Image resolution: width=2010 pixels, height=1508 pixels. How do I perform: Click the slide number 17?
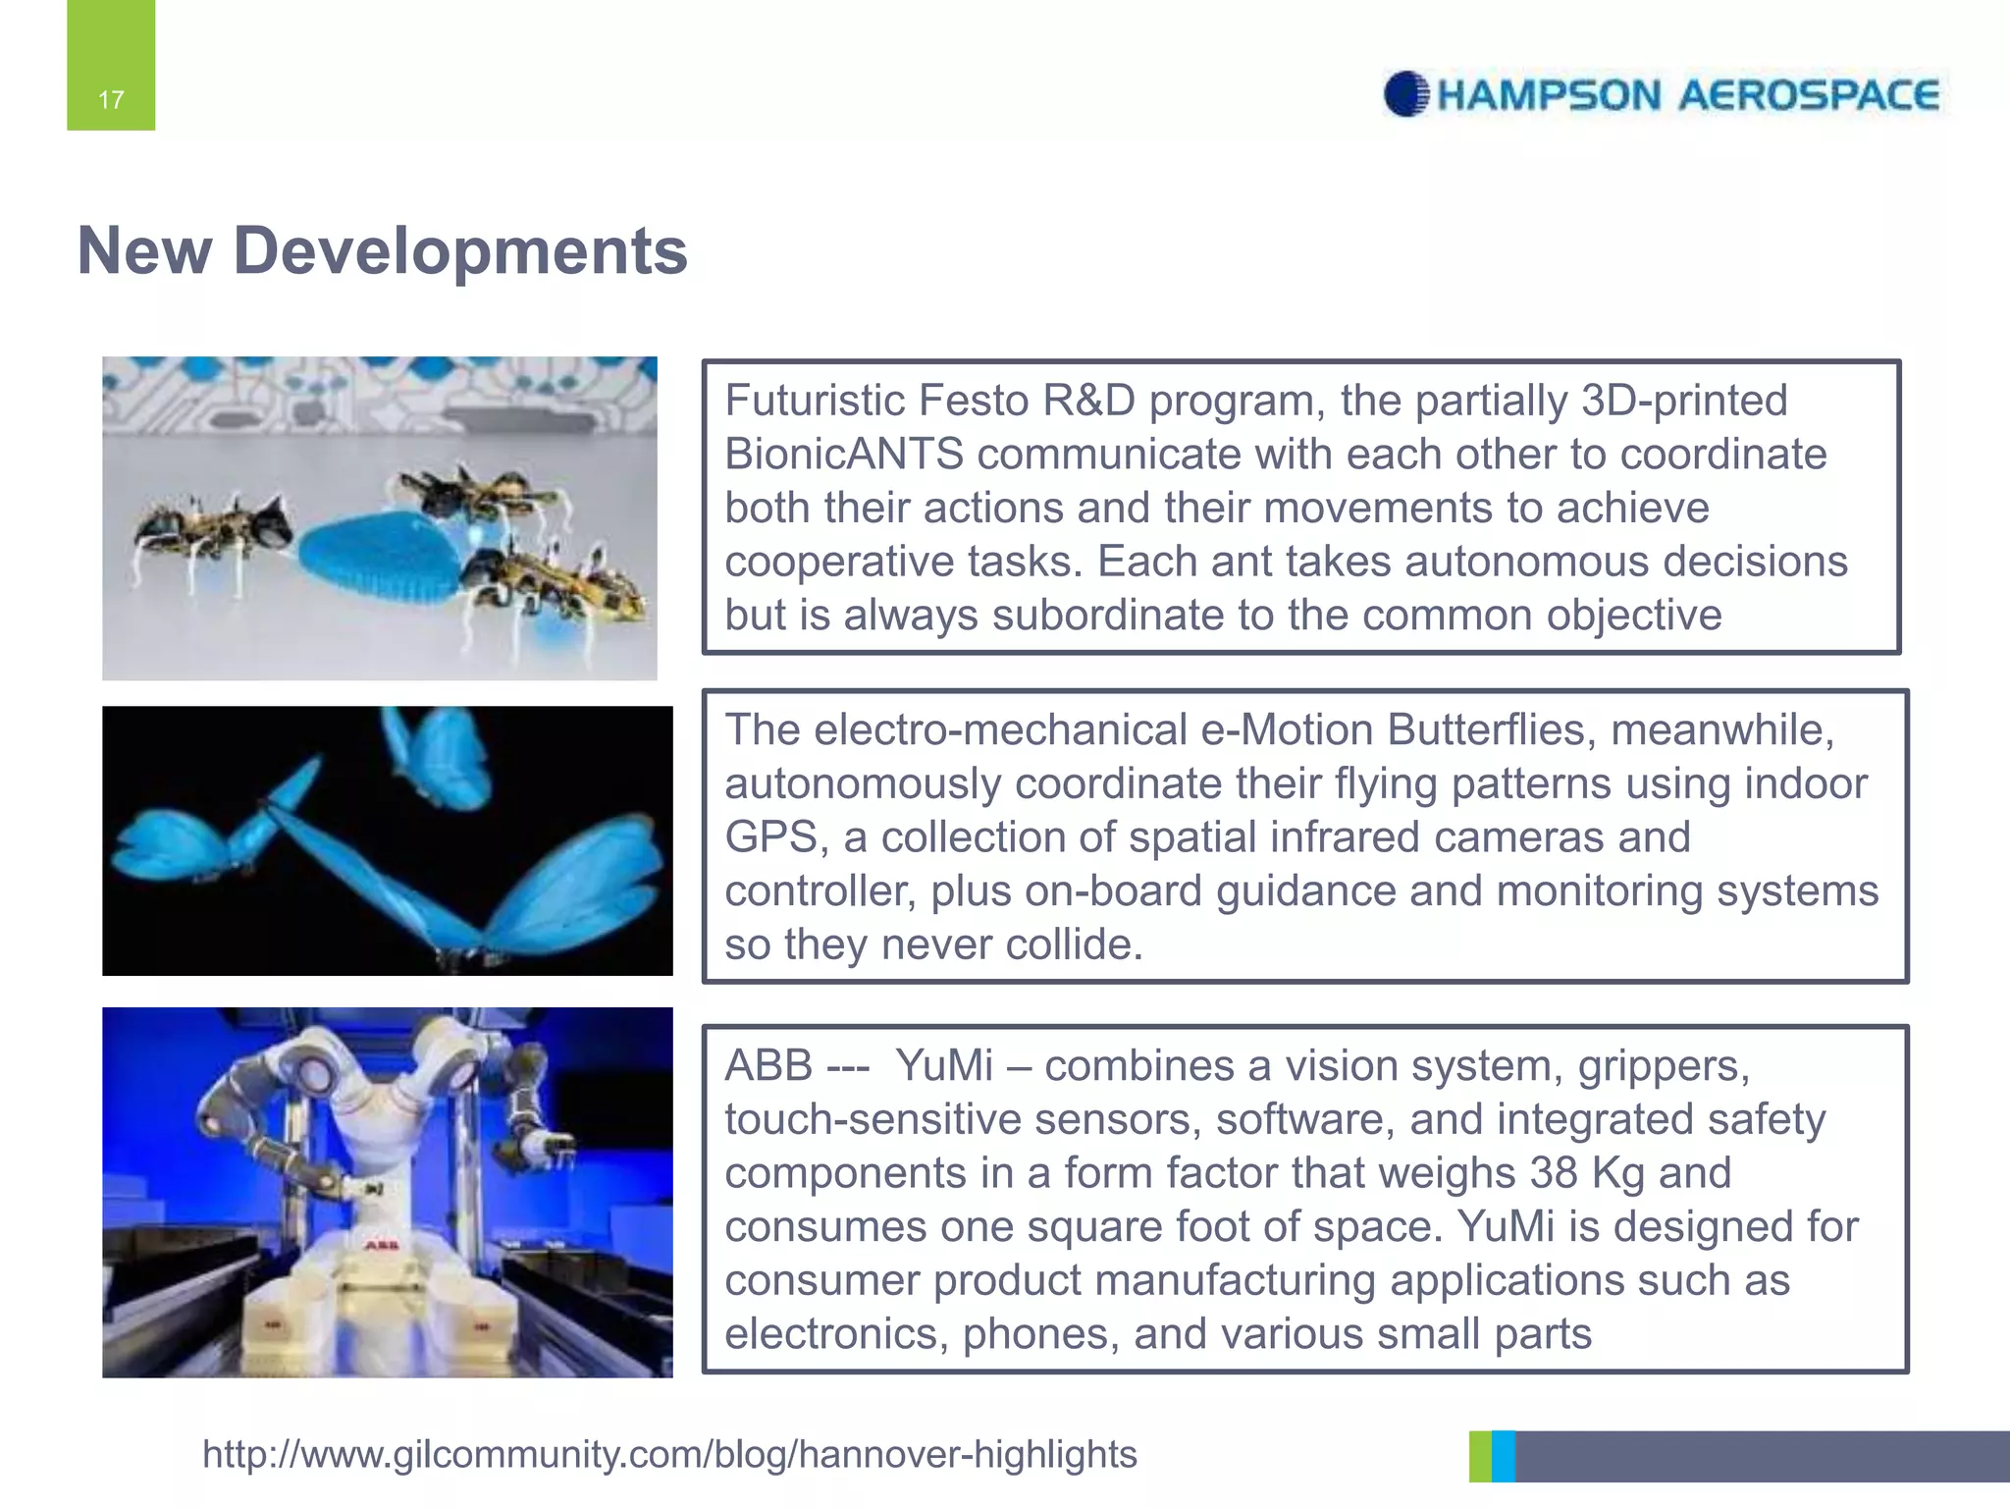[x=111, y=99]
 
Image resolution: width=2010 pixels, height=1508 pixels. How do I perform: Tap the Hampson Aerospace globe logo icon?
[x=1405, y=94]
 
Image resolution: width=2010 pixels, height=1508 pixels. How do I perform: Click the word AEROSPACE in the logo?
[x=1808, y=95]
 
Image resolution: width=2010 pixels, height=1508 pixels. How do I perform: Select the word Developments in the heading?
[x=460, y=251]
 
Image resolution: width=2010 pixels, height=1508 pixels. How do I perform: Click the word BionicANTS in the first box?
[x=844, y=455]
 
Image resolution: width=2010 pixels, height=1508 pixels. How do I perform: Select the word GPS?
[x=770, y=837]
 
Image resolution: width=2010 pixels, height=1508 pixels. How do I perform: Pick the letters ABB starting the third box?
[x=768, y=1065]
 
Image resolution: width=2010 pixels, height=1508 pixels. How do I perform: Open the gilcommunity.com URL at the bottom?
[x=669, y=1454]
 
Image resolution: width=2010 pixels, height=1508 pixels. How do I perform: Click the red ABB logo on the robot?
[x=382, y=1245]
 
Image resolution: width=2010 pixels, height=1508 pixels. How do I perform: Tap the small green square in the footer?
[x=1479, y=1456]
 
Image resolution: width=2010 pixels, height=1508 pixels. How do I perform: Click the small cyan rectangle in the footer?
[x=1503, y=1456]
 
